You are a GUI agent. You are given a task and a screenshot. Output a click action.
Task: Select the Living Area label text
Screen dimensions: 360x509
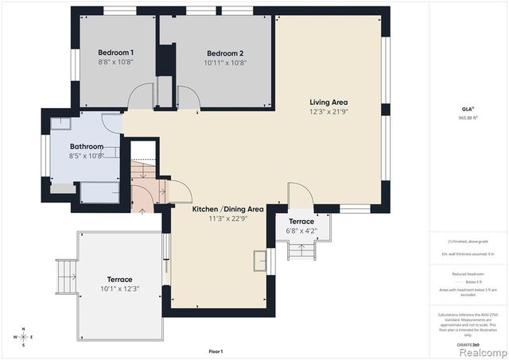coord(328,102)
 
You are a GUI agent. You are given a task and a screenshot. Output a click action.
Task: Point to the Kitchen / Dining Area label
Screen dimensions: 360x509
coord(228,209)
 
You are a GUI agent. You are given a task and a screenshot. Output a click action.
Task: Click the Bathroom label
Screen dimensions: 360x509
coord(87,146)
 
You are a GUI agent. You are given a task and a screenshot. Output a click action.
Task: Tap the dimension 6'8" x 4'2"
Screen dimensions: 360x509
coord(301,230)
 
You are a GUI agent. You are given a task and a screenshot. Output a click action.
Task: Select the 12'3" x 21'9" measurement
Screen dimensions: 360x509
coord(328,111)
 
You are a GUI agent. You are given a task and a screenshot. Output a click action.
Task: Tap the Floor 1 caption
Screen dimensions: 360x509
coord(216,351)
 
